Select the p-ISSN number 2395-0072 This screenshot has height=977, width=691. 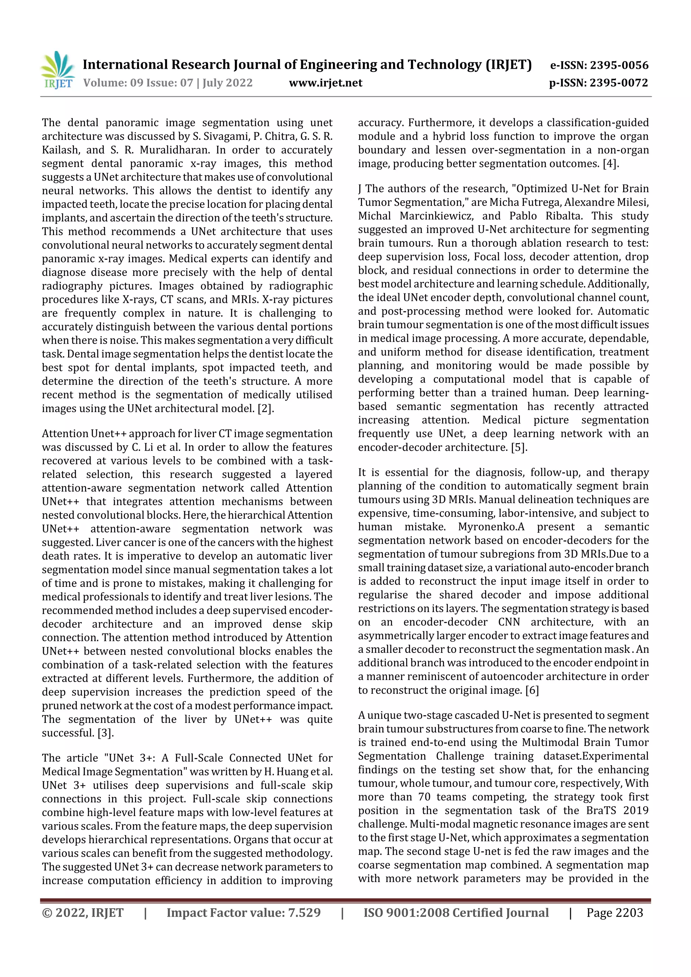[x=618, y=83]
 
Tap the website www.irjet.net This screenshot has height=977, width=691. [x=326, y=83]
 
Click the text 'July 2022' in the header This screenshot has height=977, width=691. [x=227, y=83]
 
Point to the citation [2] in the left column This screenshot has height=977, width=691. [x=265, y=408]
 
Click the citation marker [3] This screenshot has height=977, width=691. [x=105, y=733]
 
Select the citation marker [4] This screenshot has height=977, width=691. [x=610, y=164]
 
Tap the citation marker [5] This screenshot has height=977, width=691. [x=519, y=448]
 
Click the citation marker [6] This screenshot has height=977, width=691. [x=532, y=690]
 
